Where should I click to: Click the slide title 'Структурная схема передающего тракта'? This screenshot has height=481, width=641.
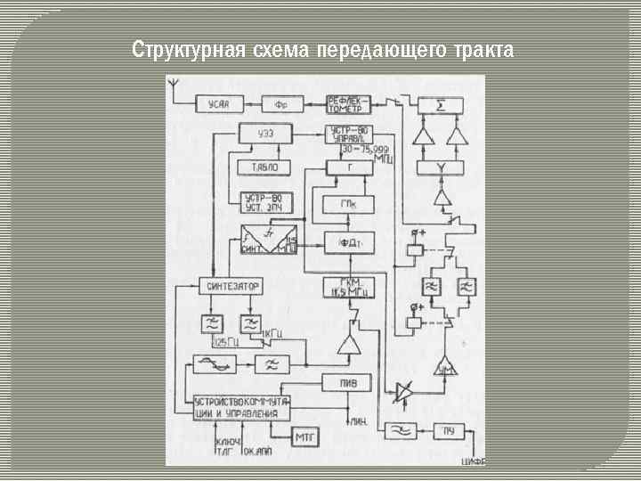pyautogui.click(x=322, y=49)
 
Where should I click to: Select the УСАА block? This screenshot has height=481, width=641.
pyautogui.click(x=219, y=104)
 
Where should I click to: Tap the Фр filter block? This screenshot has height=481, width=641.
pyautogui.click(x=280, y=104)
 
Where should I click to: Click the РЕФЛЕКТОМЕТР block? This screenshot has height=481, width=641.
pyautogui.click(x=348, y=103)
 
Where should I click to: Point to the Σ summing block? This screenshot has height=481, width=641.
pyautogui.click(x=441, y=104)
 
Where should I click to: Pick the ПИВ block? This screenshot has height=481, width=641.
pyautogui.click(x=348, y=382)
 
